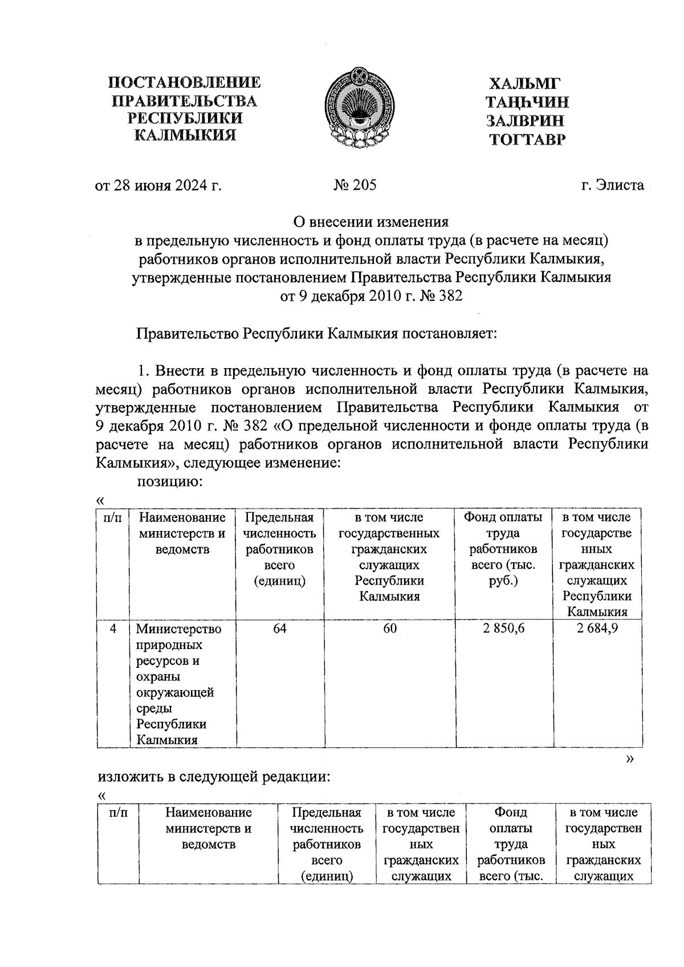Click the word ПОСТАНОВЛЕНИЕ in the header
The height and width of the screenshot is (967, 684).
[x=185, y=83]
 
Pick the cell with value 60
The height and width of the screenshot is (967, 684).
[x=390, y=629]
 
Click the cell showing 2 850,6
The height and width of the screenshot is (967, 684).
[x=503, y=629]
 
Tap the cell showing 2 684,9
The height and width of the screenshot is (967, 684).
[x=597, y=629]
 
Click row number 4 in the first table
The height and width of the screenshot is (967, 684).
[x=113, y=629]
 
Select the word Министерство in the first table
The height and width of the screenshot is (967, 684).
[x=178, y=630]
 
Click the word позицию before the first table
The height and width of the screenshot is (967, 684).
[x=170, y=482]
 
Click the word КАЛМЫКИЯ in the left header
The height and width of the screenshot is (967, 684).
[x=185, y=136]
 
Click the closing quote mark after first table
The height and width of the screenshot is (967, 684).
[x=629, y=759]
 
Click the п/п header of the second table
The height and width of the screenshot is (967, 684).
[x=117, y=813]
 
